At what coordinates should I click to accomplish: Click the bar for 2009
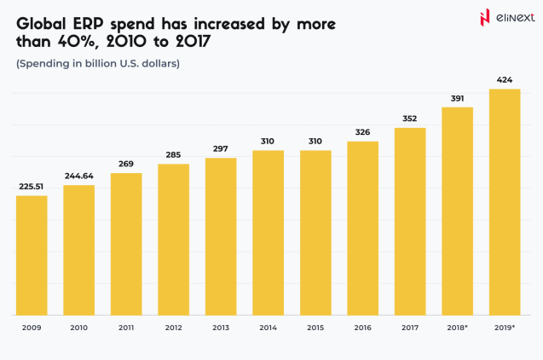[32, 254]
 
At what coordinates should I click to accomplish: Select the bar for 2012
[173, 238]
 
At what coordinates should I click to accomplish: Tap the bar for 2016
[362, 227]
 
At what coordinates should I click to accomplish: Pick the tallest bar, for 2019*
[504, 201]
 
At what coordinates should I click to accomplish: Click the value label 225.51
[32, 188]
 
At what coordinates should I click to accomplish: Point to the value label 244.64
[78, 177]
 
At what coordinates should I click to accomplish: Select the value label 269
[126, 165]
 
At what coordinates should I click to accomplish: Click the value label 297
[221, 149]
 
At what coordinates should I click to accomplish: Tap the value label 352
[409, 119]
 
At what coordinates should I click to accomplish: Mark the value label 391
[457, 98]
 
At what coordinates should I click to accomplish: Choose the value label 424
[504, 81]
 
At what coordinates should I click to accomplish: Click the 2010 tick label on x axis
[78, 327]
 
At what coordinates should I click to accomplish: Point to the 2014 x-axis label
[268, 327]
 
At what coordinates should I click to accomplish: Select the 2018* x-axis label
[457, 327]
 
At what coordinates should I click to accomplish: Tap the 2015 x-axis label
[315, 327]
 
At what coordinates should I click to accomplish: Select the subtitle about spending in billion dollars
[98, 63]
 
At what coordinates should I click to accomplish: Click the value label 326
[362, 132]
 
